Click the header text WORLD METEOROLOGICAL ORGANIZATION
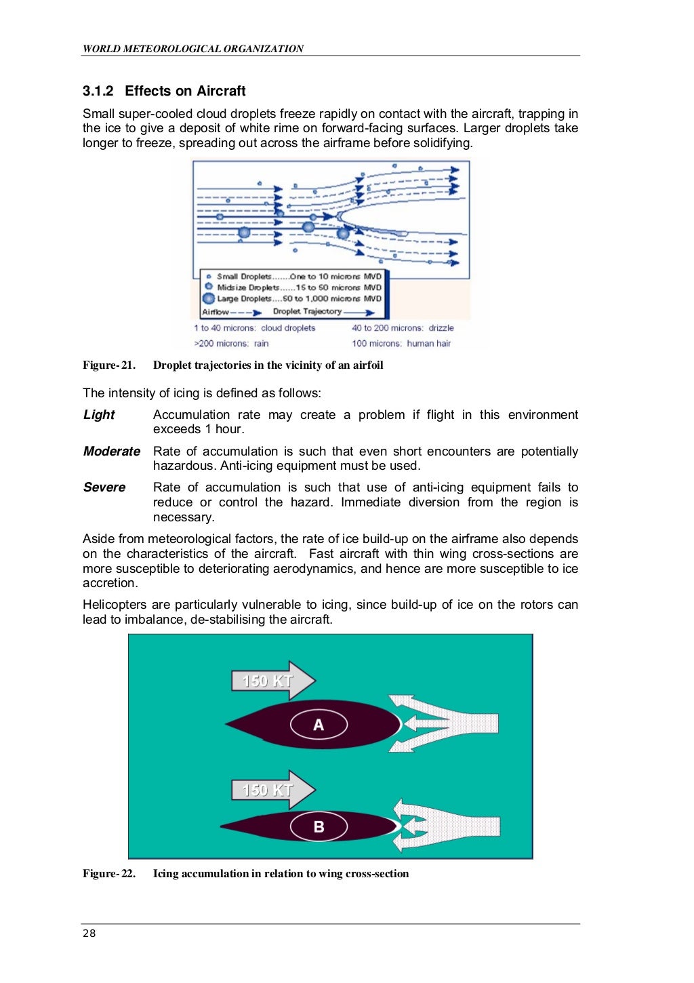pos(193,49)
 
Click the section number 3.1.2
pos(98,91)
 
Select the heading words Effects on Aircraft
pos(185,91)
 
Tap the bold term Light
pos(99,415)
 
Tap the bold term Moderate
pos(112,452)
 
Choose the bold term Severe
pos(104,487)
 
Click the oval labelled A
pos(319,725)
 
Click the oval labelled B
pos(319,826)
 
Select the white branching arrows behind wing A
pos(447,723)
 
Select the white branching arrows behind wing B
pos(447,826)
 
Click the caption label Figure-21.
pos(109,365)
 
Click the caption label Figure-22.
pos(109,874)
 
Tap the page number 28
pos(89,934)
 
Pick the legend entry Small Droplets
pos(244,277)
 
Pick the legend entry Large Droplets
pos(244,298)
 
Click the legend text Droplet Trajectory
pos(307,312)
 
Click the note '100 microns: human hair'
pos(401,344)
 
